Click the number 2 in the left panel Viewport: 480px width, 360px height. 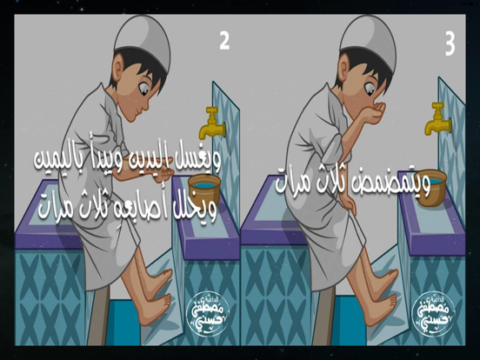[x=224, y=40]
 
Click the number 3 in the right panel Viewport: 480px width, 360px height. [x=450, y=44]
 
